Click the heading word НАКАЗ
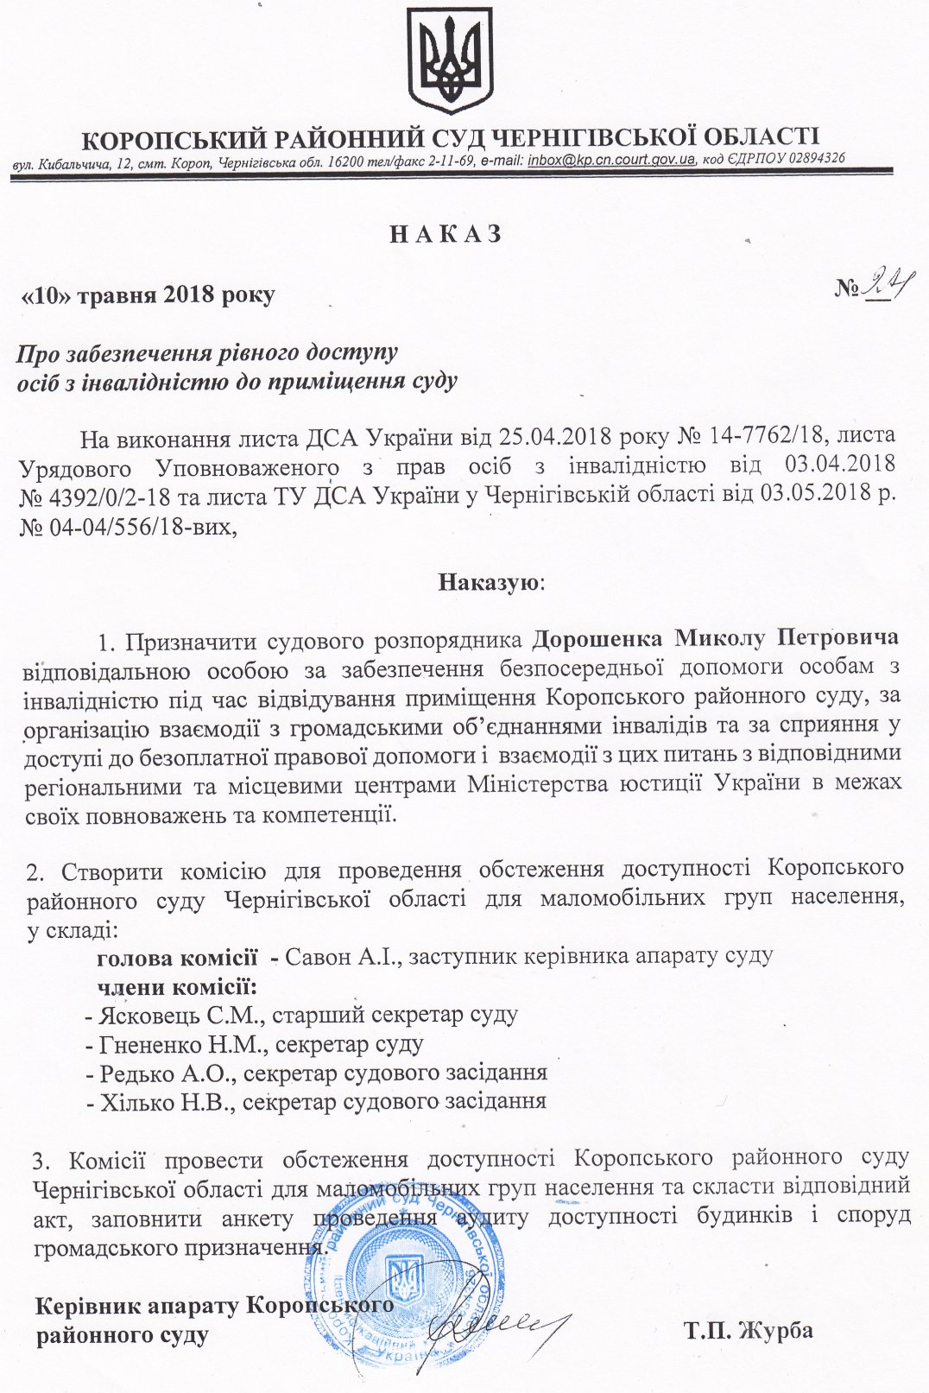446,235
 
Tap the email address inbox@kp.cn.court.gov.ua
611,160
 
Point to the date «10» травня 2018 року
148,295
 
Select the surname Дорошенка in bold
597,638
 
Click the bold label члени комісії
176,986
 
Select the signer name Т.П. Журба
749,1330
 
